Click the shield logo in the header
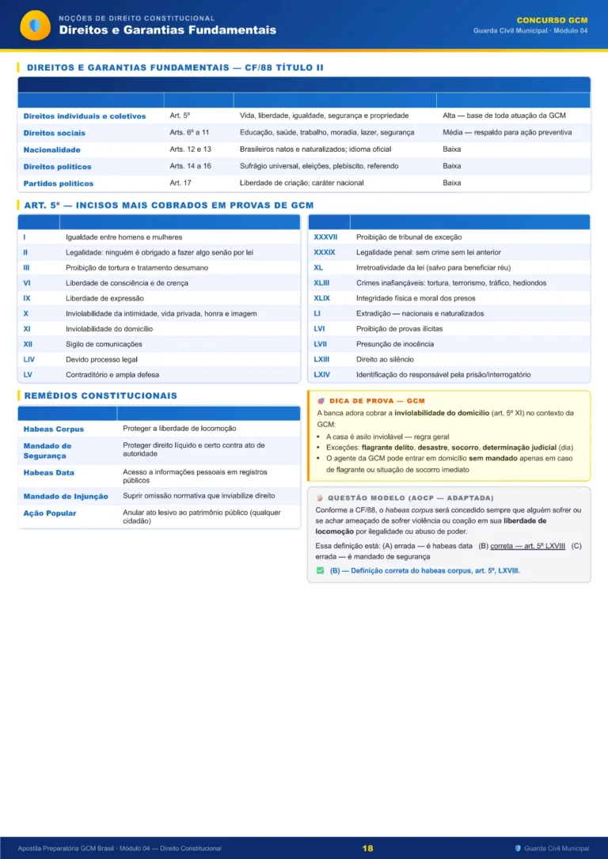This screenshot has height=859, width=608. point(34,25)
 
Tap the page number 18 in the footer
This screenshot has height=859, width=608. point(367,848)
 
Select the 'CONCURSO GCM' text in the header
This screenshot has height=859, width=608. point(552,20)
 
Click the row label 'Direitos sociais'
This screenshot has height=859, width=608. point(55,133)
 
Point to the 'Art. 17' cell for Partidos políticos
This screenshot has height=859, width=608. point(180,183)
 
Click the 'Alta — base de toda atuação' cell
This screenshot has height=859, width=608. point(503,115)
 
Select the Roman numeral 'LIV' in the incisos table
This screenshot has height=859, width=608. point(29,359)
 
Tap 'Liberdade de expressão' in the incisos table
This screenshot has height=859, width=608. point(104,298)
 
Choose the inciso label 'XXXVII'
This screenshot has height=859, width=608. point(325,237)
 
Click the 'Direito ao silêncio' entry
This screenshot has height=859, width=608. point(385,359)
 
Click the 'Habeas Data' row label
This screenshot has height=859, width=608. point(49,472)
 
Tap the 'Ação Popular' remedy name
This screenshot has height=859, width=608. point(50,513)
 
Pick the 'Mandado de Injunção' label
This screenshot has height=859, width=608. point(66,496)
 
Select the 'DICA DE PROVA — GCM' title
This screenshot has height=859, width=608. point(377,401)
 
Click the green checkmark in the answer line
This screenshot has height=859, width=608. point(320,570)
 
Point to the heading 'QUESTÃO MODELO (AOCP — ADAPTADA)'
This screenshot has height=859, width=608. point(410,498)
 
